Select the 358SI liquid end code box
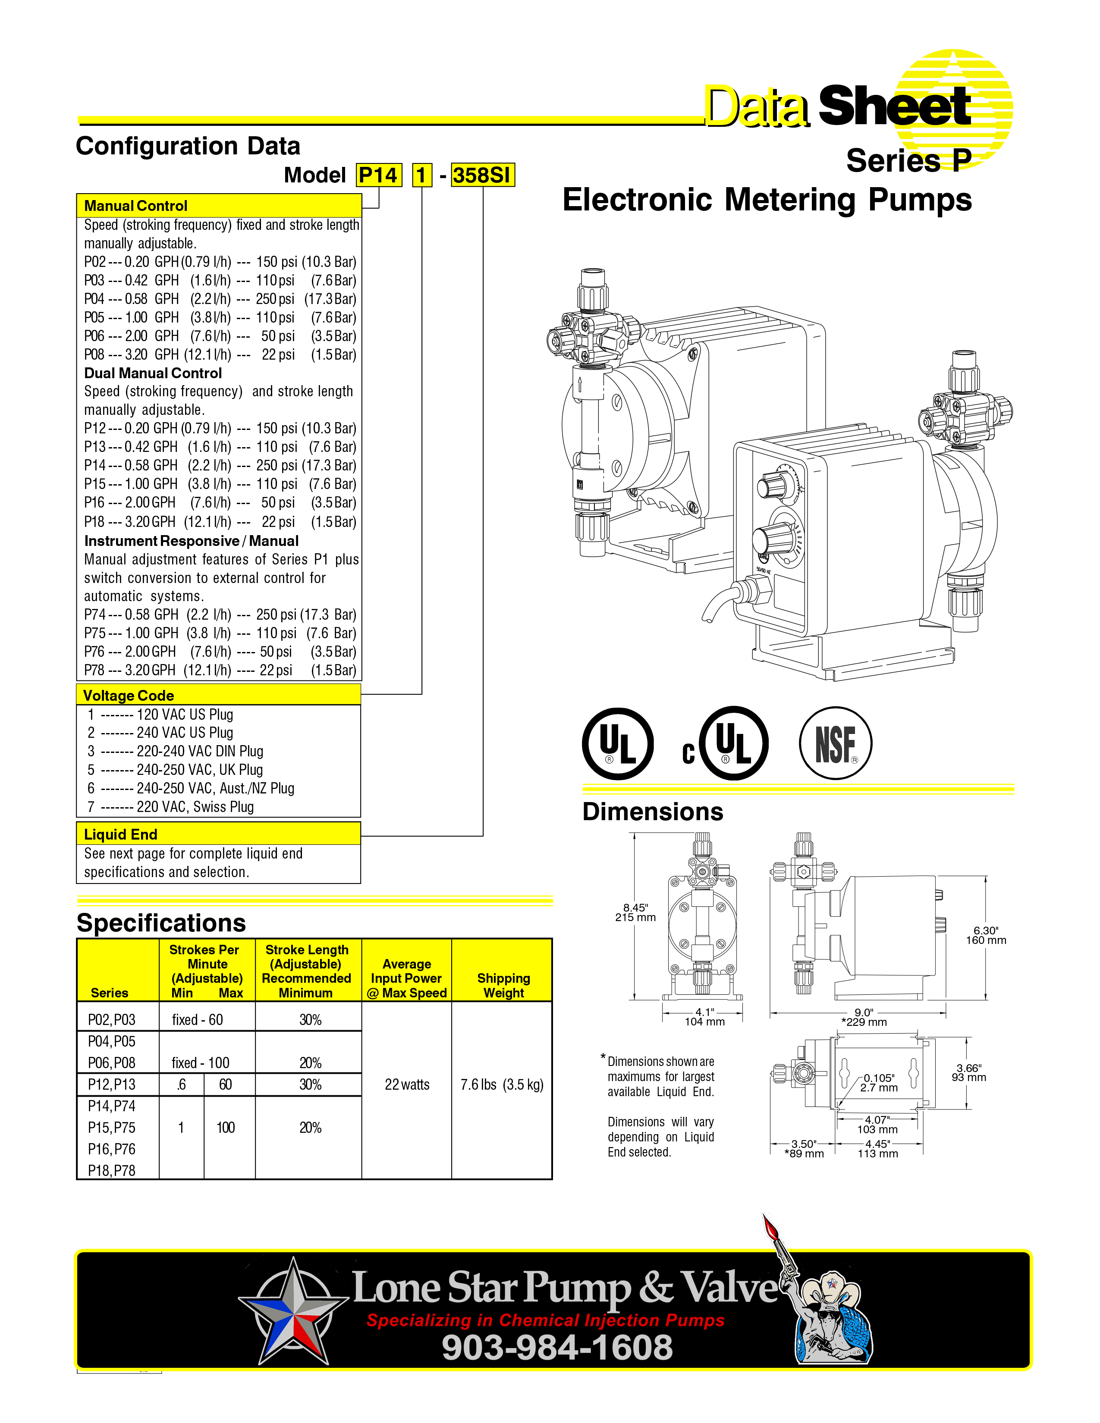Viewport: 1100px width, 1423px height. pos(482,175)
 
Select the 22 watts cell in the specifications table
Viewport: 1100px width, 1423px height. pos(407,1084)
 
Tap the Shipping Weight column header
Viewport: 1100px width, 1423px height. pos(503,985)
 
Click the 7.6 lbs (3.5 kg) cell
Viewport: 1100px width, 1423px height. pos(502,1084)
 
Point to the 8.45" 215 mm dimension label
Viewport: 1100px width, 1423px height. pos(635,912)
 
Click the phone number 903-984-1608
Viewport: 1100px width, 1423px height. pos(557,1347)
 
